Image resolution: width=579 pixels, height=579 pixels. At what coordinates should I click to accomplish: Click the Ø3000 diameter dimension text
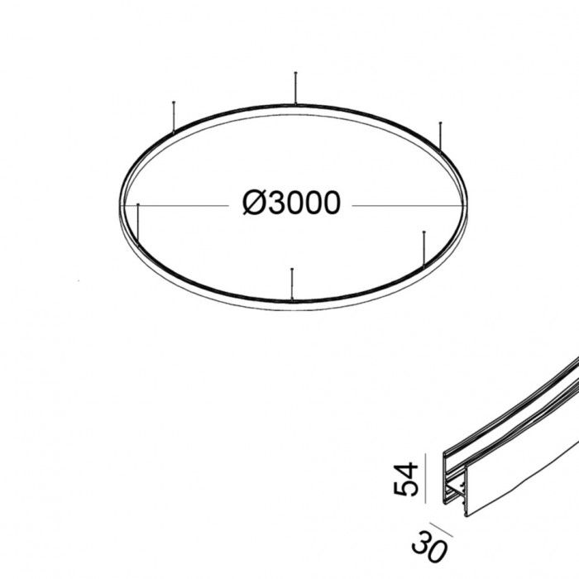pos(291,203)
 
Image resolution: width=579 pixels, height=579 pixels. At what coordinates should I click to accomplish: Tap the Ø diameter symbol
pos(253,203)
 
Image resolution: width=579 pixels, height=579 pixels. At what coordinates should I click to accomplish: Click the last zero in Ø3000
pos(330,203)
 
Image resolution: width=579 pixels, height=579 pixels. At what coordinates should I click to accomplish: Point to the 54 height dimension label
pos(404,477)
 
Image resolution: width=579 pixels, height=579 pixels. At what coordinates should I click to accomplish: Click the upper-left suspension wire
pos(173,116)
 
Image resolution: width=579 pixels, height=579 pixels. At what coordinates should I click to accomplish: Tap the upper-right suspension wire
pos(441,137)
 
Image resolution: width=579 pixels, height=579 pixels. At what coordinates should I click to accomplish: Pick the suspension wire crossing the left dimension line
pos(139,227)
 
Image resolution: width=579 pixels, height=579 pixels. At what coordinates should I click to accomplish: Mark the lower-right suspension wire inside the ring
pos(423,249)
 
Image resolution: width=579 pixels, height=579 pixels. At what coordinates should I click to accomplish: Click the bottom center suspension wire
pos(291,282)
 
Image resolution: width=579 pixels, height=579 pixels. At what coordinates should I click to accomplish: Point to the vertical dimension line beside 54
pos(426,477)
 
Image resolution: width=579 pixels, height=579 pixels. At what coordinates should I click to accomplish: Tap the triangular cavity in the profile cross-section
pos(452,494)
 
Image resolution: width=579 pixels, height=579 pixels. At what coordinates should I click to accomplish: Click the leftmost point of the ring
pos(120,204)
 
